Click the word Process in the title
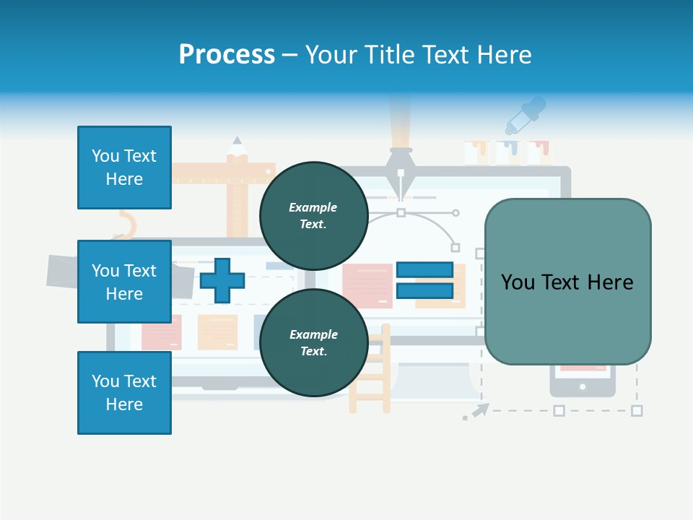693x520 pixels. [227, 55]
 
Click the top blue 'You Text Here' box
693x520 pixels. [124, 168]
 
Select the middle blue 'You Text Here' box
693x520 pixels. [124, 282]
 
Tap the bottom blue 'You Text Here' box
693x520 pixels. [124, 392]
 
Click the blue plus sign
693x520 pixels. [222, 281]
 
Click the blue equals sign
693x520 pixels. [424, 281]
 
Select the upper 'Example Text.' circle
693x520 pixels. [313, 216]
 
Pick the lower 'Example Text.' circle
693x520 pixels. [313, 343]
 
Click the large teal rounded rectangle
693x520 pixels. [567, 282]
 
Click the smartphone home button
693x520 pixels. [583, 387]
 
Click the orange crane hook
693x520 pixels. [126, 223]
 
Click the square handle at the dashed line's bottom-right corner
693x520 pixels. [637, 410]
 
